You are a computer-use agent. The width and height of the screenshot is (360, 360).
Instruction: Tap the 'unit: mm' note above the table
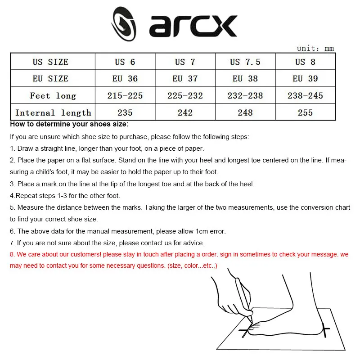tap(315, 48)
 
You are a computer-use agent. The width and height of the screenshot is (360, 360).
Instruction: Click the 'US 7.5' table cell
tap(245, 62)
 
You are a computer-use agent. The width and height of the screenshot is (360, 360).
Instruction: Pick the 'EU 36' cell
tap(125, 79)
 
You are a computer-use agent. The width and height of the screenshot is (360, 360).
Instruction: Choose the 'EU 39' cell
tap(305, 79)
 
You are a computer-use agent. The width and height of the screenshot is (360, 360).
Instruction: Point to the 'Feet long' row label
tap(53, 95)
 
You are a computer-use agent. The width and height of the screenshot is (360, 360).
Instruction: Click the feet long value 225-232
tap(185, 95)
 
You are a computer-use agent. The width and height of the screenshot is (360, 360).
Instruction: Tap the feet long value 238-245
tap(305, 95)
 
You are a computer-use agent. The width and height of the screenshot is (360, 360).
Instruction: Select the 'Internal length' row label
tap(53, 112)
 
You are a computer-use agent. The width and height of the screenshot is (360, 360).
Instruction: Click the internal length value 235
tap(125, 112)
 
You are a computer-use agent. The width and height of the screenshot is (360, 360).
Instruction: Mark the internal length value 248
tap(245, 112)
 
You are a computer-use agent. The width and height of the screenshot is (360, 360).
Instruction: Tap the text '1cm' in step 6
tap(199, 231)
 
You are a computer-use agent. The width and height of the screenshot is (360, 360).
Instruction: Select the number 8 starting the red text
tap(12, 255)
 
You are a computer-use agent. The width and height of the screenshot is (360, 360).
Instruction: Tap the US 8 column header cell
tap(305, 62)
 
